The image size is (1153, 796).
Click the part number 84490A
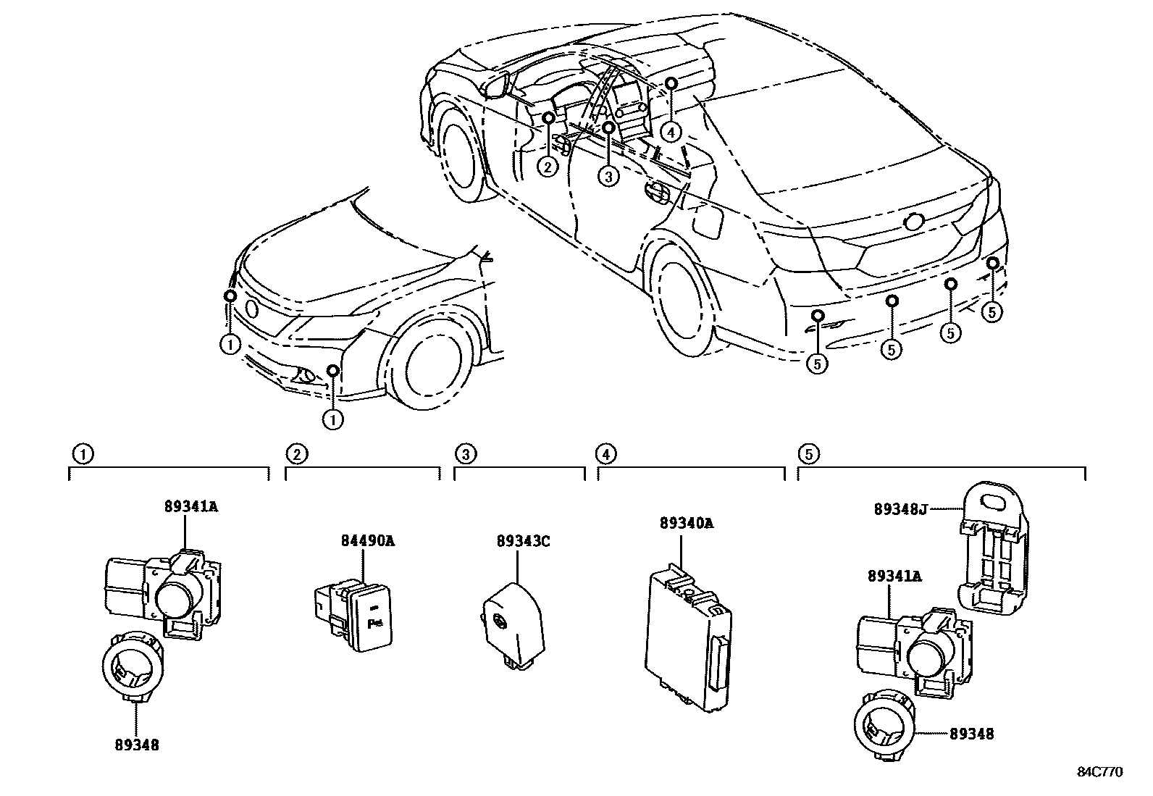click(368, 540)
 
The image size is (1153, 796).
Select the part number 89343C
click(524, 540)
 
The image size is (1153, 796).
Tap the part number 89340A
click(686, 523)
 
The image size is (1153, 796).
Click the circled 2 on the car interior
click(548, 167)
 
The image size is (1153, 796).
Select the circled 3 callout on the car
click(608, 175)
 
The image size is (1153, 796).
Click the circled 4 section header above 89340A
click(605, 454)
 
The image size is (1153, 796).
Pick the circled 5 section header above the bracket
click(808, 454)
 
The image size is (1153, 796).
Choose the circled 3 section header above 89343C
click(465, 454)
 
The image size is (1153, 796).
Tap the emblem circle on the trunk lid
click(913, 222)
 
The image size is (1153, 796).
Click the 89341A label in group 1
click(189, 506)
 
